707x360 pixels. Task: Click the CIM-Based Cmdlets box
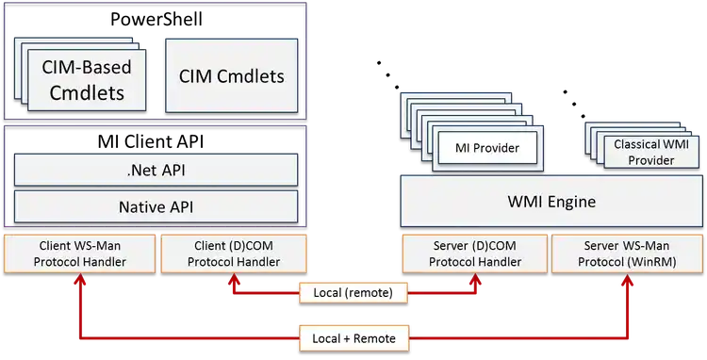[x=87, y=80]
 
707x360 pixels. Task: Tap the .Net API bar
[x=156, y=171]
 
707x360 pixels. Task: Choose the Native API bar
[x=156, y=206]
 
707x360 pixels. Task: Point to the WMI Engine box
[x=551, y=202]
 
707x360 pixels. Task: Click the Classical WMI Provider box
[x=649, y=152]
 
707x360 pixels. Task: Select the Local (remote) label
[x=353, y=293]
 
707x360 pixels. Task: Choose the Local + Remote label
[x=353, y=337]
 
